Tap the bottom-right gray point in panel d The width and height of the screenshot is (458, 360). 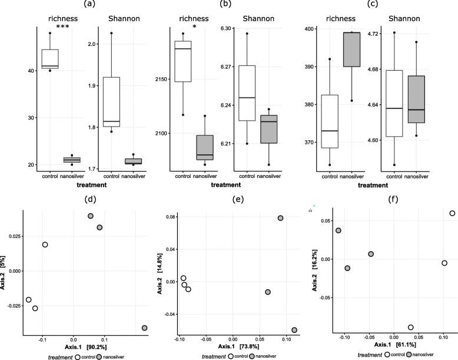click(144, 328)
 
